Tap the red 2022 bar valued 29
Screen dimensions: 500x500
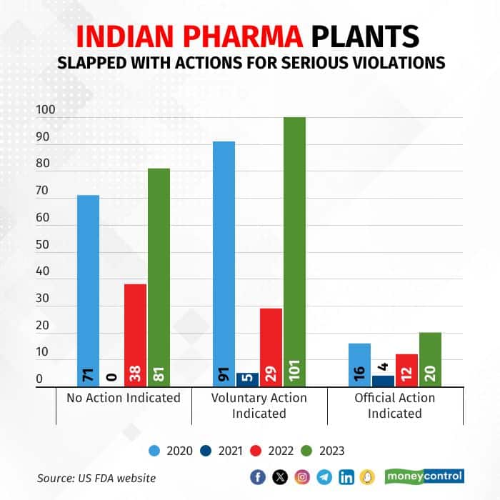[271, 347]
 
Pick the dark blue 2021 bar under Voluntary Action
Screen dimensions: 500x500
[247, 379]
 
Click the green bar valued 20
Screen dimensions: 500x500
[430, 359]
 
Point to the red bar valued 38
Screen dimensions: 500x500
[135, 335]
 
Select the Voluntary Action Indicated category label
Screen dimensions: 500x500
[259, 405]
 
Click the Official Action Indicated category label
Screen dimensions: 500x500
[395, 405]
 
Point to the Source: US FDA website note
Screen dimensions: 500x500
[96, 478]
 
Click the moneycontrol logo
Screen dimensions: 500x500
[424, 476]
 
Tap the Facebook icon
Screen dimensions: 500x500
[258, 477]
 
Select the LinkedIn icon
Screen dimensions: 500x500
[346, 477]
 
